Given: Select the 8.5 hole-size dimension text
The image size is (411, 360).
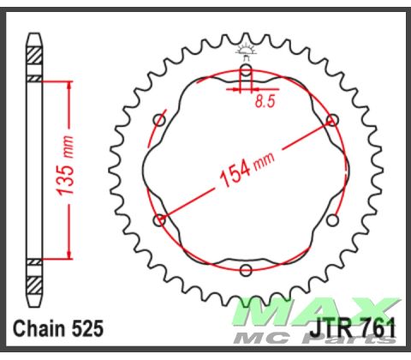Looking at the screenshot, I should [x=265, y=101].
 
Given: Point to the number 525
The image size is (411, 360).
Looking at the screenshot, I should [x=87, y=328].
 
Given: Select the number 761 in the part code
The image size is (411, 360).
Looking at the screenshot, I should [x=376, y=328].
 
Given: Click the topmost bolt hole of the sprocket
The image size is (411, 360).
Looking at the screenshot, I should [x=246, y=69].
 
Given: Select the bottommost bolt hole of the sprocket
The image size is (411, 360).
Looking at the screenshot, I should [x=246, y=271].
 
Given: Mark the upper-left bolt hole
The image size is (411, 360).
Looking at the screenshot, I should [x=159, y=121].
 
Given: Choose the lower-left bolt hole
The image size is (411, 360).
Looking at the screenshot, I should [x=159, y=220].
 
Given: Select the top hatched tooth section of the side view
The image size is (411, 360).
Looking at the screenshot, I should [x=33, y=53].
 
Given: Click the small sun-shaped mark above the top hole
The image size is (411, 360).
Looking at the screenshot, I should [x=246, y=49].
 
